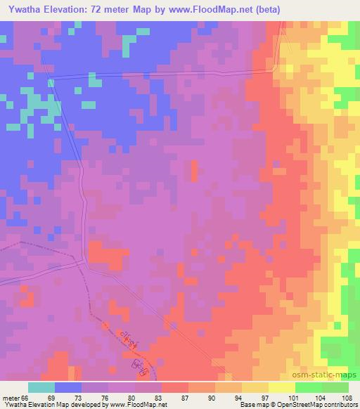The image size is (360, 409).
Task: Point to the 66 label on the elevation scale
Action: [x=25, y=398]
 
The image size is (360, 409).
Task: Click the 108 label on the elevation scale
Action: [x=337, y=398]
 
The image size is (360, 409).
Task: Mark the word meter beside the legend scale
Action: [x=11, y=398]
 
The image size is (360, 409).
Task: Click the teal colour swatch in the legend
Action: [x=41, y=387]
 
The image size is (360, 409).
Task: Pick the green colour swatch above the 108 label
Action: [x=335, y=387]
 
